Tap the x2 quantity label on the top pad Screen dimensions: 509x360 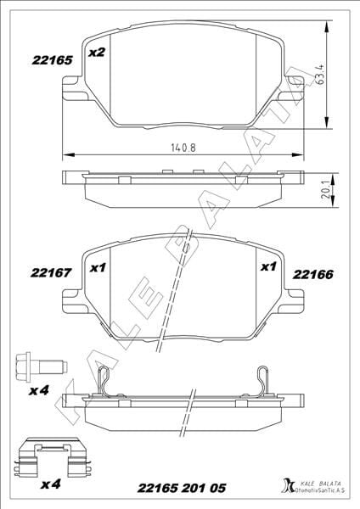pyautogui.click(x=96, y=53)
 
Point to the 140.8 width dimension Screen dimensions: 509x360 pyautogui.click(x=183, y=146)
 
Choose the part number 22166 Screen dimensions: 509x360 pyautogui.click(x=312, y=273)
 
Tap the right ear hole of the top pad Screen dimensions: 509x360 pyautogui.click(x=295, y=82)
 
